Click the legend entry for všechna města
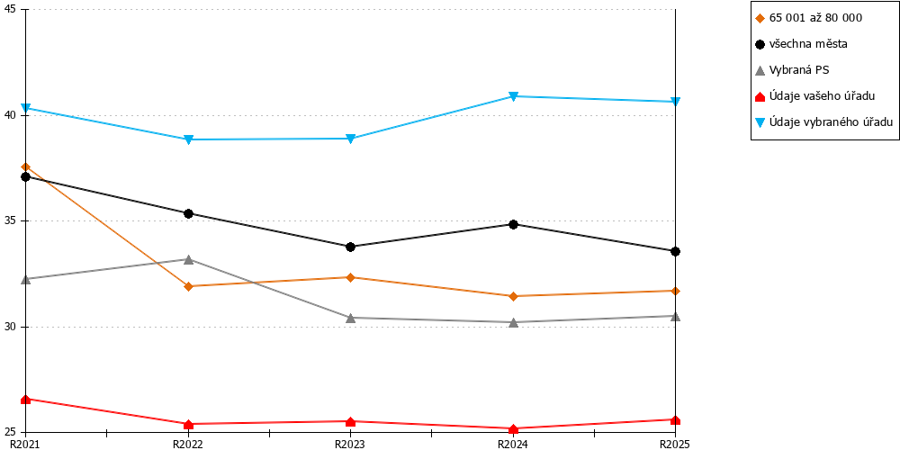click(x=809, y=44)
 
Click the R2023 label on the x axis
click(x=351, y=444)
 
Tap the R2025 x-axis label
click(x=676, y=444)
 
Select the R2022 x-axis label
click(x=188, y=444)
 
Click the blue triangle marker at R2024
click(x=513, y=96)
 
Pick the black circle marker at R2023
click(x=351, y=247)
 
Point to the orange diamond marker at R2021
click(x=26, y=167)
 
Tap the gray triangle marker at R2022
click(x=188, y=259)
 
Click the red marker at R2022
click(x=188, y=425)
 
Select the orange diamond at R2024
click(x=513, y=296)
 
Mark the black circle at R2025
click(x=676, y=251)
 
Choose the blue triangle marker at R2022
click(x=188, y=139)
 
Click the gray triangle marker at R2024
click(x=513, y=322)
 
